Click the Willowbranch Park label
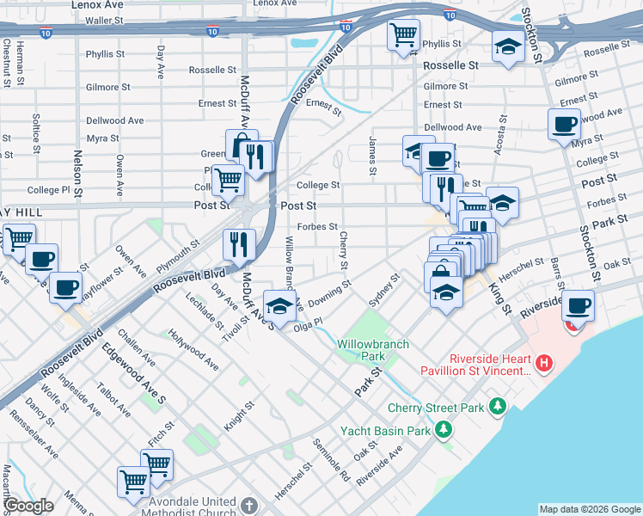point(372,349)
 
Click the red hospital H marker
point(542,365)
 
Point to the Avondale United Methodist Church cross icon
point(248,505)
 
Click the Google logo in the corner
point(28,505)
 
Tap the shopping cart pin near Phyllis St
point(402,35)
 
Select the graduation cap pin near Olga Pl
point(279,304)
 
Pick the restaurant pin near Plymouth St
point(239,243)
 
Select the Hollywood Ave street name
point(193,349)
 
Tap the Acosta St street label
point(500,136)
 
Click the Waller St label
point(105,20)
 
